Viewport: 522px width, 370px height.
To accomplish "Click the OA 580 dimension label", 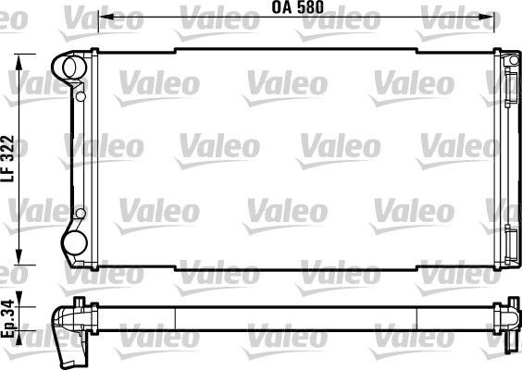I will point(297,8).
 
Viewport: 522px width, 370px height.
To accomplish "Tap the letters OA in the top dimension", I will point(281,8).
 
